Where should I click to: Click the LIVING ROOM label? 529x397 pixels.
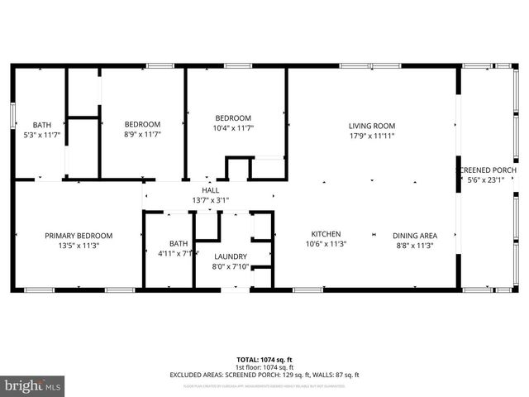(372, 125)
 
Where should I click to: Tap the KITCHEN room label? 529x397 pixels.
(325, 234)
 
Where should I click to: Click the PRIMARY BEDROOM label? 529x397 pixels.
(79, 235)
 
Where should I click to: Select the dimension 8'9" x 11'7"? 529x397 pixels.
(142, 134)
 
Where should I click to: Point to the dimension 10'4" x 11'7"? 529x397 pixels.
(233, 128)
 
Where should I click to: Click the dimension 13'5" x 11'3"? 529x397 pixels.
(79, 245)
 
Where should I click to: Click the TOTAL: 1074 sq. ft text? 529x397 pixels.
(264, 360)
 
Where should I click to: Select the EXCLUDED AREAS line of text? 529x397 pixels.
(264, 375)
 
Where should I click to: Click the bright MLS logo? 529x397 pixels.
(33, 385)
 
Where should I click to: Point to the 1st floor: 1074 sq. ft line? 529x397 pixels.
(264, 367)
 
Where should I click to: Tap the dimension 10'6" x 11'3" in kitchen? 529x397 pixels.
(325, 244)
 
